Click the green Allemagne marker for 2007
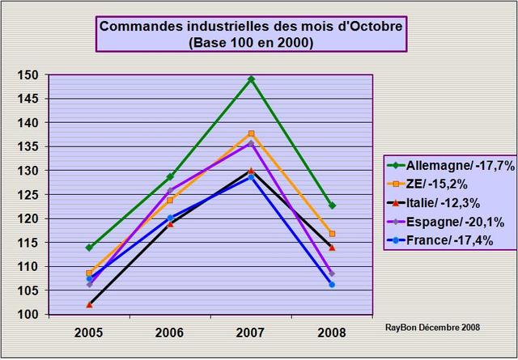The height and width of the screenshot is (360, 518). tap(251, 79)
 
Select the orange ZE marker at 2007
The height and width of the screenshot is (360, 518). tap(251, 133)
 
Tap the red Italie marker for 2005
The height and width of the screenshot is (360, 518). tap(89, 304)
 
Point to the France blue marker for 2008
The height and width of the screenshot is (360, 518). tap(332, 284)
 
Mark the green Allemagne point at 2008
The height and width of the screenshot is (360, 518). tap(332, 205)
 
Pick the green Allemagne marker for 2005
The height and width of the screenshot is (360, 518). tap(89, 247)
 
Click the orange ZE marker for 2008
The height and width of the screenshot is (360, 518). tap(332, 234)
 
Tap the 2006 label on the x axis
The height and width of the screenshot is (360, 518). tap(170, 332)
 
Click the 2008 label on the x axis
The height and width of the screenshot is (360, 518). tap(332, 332)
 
